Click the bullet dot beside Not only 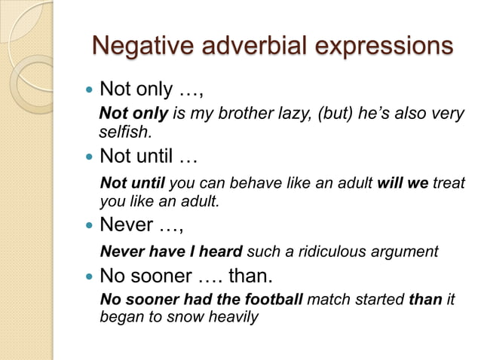[x=88, y=90]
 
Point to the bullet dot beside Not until [x=88, y=158]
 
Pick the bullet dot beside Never [x=88, y=224]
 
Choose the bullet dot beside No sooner [x=88, y=275]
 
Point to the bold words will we [x=403, y=184]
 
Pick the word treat [x=449, y=184]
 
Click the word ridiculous [x=324, y=251]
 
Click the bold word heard [x=221, y=251]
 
